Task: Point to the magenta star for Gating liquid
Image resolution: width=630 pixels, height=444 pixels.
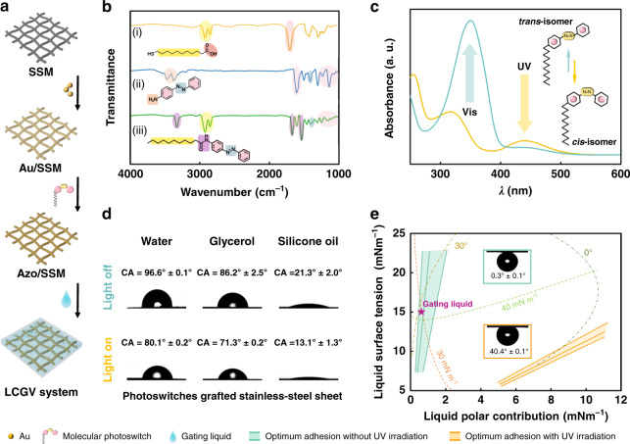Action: tap(420, 312)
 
